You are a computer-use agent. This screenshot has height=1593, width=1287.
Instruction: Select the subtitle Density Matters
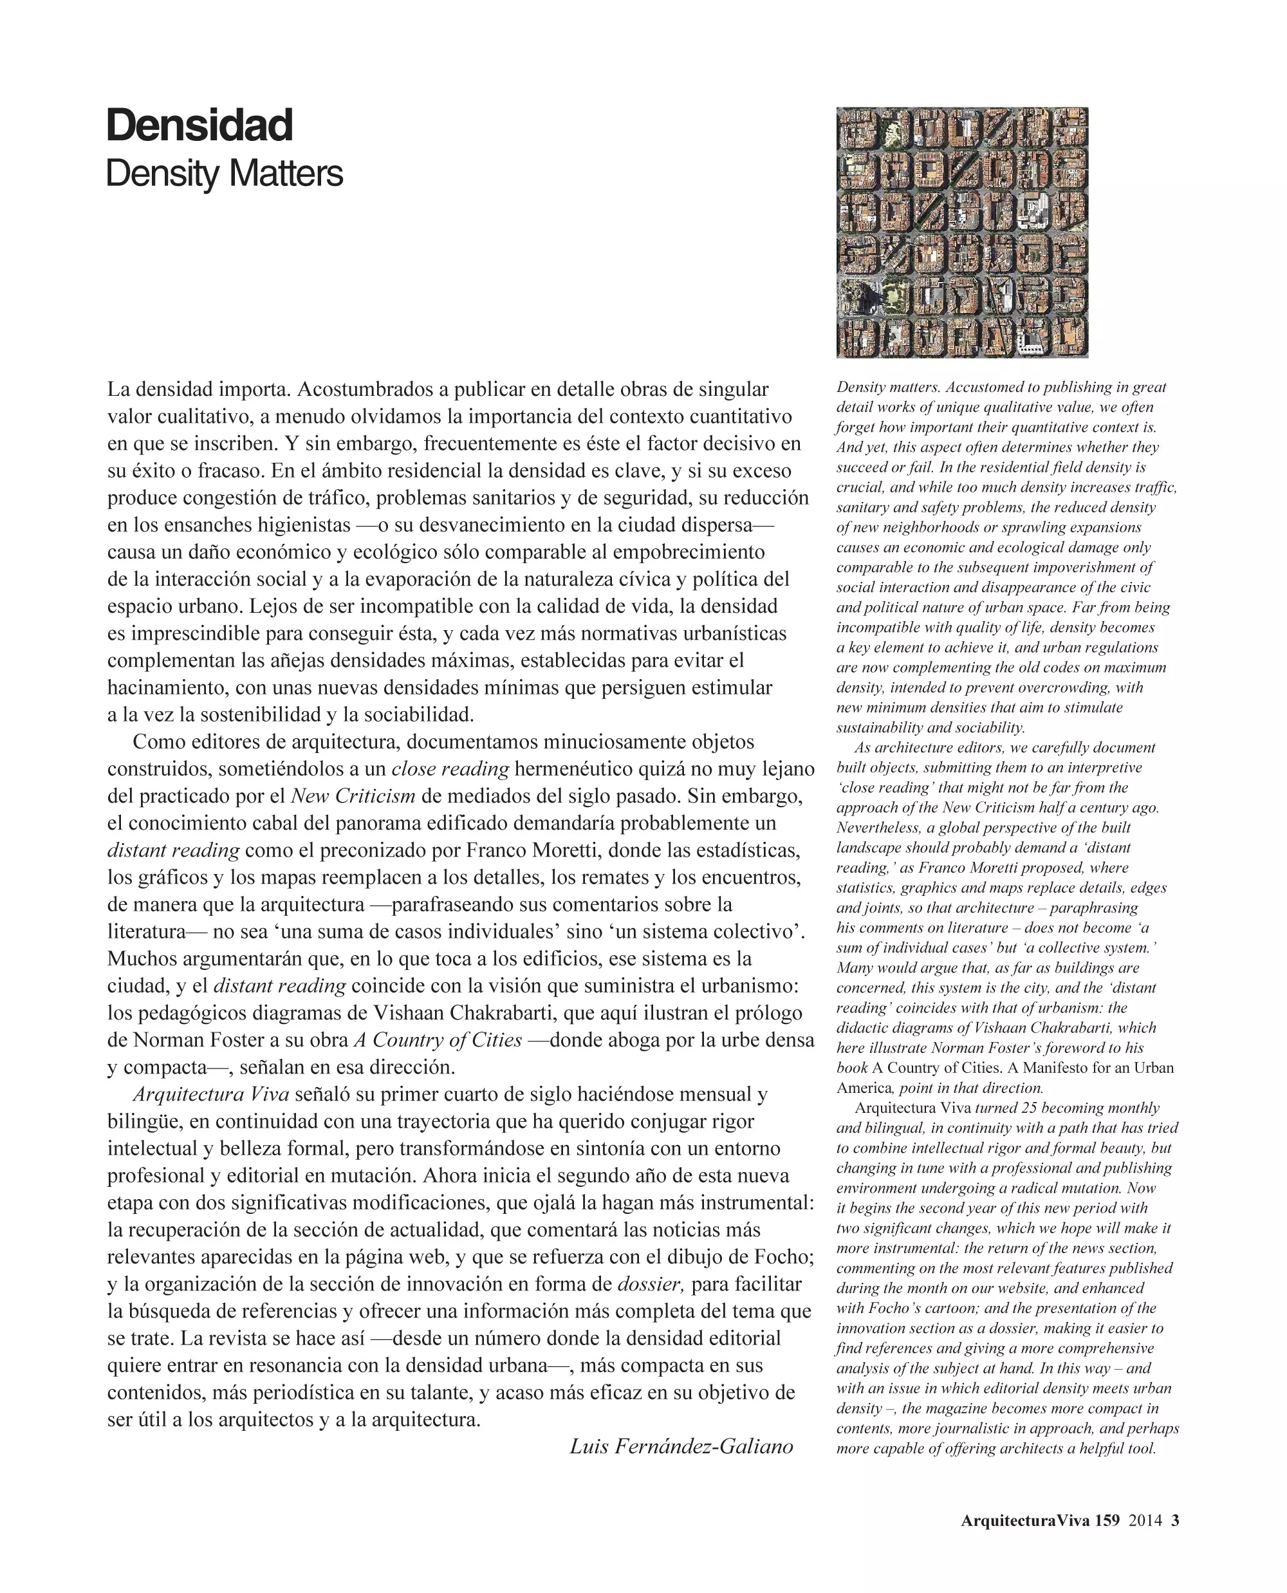(x=224, y=174)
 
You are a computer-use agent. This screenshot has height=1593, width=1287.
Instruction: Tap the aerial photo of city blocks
(x=961, y=232)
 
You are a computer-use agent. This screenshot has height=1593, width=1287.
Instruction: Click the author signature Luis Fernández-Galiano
(x=681, y=1446)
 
